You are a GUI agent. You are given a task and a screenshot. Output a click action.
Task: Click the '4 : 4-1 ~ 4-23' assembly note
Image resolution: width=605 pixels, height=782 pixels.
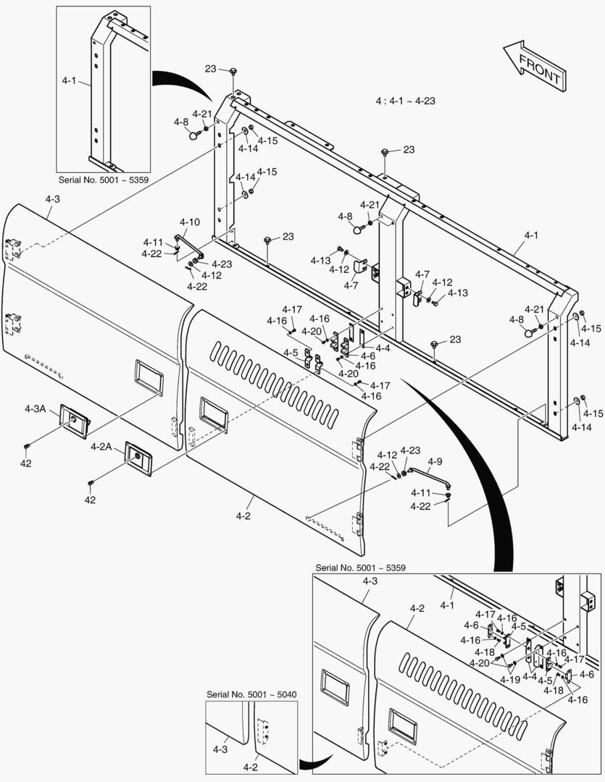[405, 102]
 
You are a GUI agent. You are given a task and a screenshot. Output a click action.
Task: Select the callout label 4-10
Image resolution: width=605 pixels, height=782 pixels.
[190, 222]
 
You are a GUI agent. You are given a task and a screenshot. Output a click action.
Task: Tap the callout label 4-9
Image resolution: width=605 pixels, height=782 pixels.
[434, 461]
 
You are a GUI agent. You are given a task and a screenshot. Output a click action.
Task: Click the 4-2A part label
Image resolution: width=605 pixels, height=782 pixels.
[101, 447]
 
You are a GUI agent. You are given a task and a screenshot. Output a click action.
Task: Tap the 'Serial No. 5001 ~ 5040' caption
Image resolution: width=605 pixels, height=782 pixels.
[251, 694]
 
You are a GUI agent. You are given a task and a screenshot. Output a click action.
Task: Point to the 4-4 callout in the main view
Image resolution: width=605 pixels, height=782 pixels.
[381, 348]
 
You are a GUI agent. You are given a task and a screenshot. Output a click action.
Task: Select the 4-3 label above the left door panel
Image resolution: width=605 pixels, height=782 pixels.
[52, 198]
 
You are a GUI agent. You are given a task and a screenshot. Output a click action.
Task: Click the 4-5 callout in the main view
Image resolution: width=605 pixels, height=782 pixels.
[291, 353]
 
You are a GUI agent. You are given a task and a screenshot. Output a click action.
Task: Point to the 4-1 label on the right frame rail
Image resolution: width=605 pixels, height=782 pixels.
[531, 235]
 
